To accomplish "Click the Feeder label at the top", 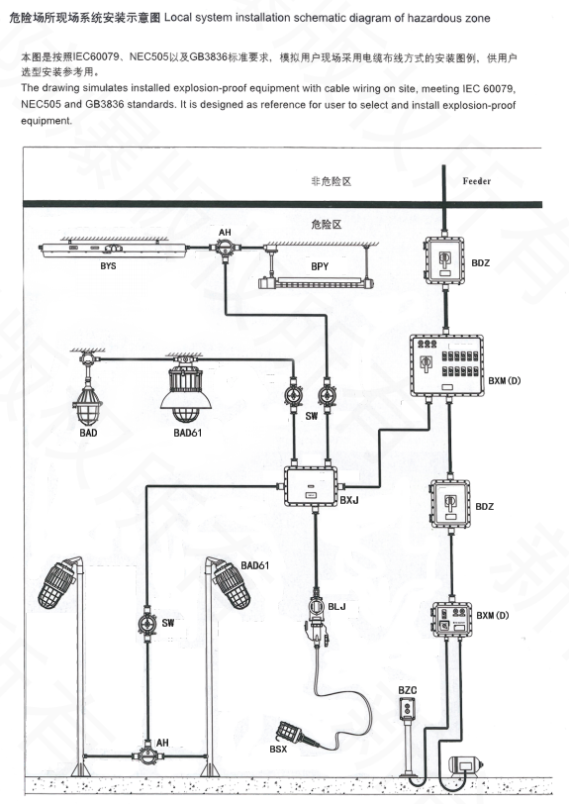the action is pyautogui.click(x=476, y=181).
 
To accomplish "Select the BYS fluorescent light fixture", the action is pyautogui.click(x=114, y=251).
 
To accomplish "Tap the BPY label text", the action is pyautogui.click(x=320, y=266).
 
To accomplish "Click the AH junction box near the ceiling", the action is pyautogui.click(x=224, y=250).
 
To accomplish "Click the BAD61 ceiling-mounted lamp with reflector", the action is pyautogui.click(x=185, y=389).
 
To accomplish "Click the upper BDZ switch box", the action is pyautogui.click(x=444, y=260).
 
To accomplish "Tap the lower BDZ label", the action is pyautogui.click(x=485, y=507).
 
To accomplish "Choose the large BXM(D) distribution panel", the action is pyautogui.click(x=447, y=365).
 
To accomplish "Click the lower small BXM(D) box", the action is pyautogui.click(x=451, y=620).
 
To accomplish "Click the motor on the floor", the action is pyautogui.click(x=466, y=764).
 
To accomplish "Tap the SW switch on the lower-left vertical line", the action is pyautogui.click(x=147, y=624).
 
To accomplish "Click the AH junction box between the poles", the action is pyautogui.click(x=147, y=754).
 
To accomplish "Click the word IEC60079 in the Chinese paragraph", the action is pyautogui.click(x=97, y=56).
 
